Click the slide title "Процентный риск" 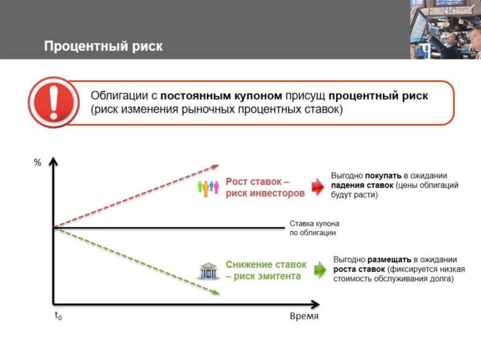(103, 46)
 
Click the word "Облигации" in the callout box (120, 96)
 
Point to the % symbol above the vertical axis (38, 163)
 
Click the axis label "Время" (304, 316)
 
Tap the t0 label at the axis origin (58, 316)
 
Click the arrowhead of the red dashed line (216, 166)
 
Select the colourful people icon (208, 187)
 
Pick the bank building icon (208, 271)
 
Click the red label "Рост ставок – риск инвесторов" (265, 187)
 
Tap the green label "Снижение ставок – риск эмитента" (266, 270)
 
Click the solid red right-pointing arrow (318, 187)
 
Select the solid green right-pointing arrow (320, 270)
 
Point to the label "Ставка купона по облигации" (314, 228)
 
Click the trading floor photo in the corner (445, 29)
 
